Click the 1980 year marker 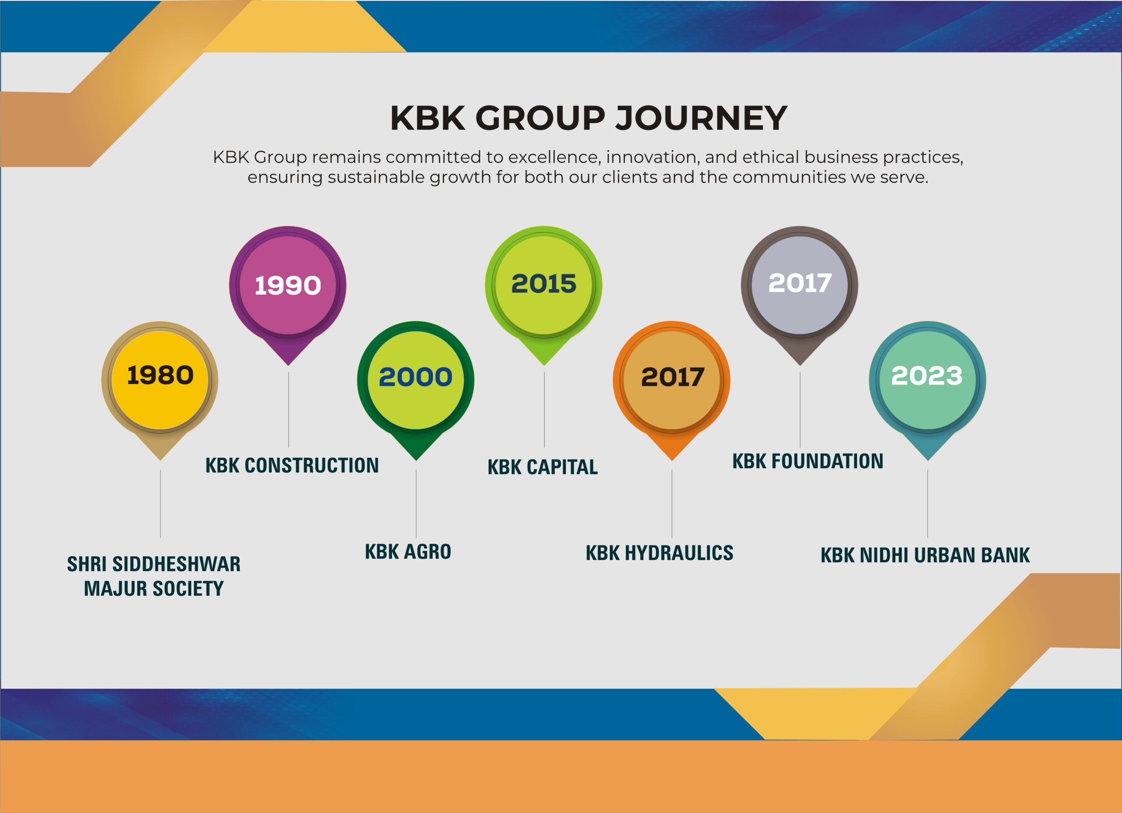point(160,381)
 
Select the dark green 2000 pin point(415,381)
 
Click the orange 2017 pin point(671,381)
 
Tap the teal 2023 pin point(927,381)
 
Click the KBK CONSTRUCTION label point(292,465)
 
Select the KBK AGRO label point(408,552)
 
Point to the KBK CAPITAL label point(543,467)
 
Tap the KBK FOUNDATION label point(808,461)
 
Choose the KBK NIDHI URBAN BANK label point(925,555)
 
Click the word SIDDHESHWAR point(177,564)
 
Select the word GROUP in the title point(540,118)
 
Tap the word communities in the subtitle point(789,177)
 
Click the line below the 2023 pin point(927,504)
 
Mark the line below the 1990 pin point(288,410)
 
